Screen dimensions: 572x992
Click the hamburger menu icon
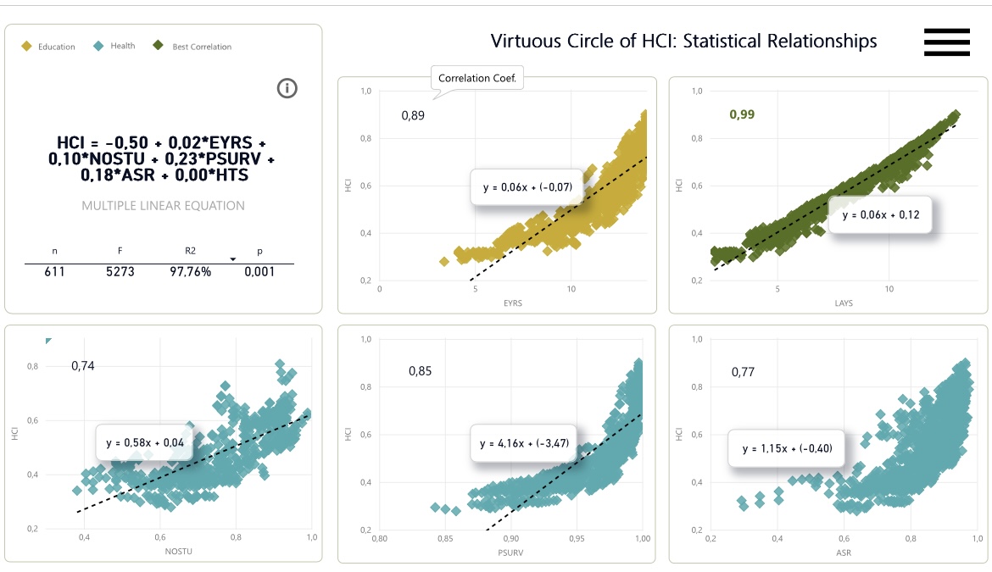(946, 42)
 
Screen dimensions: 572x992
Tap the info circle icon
(287, 87)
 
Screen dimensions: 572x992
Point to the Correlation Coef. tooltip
(478, 79)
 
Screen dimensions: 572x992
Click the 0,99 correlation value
(742, 114)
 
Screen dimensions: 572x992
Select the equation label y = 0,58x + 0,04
(145, 442)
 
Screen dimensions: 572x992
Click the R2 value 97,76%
(192, 272)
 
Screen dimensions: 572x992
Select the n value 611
(54, 272)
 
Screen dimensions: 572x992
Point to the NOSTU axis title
(179, 551)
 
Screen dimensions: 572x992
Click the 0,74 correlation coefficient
(83, 366)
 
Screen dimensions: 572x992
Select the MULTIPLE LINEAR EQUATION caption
(163, 205)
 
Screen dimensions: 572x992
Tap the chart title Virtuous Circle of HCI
(683, 41)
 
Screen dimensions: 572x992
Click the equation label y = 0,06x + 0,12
(880, 215)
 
